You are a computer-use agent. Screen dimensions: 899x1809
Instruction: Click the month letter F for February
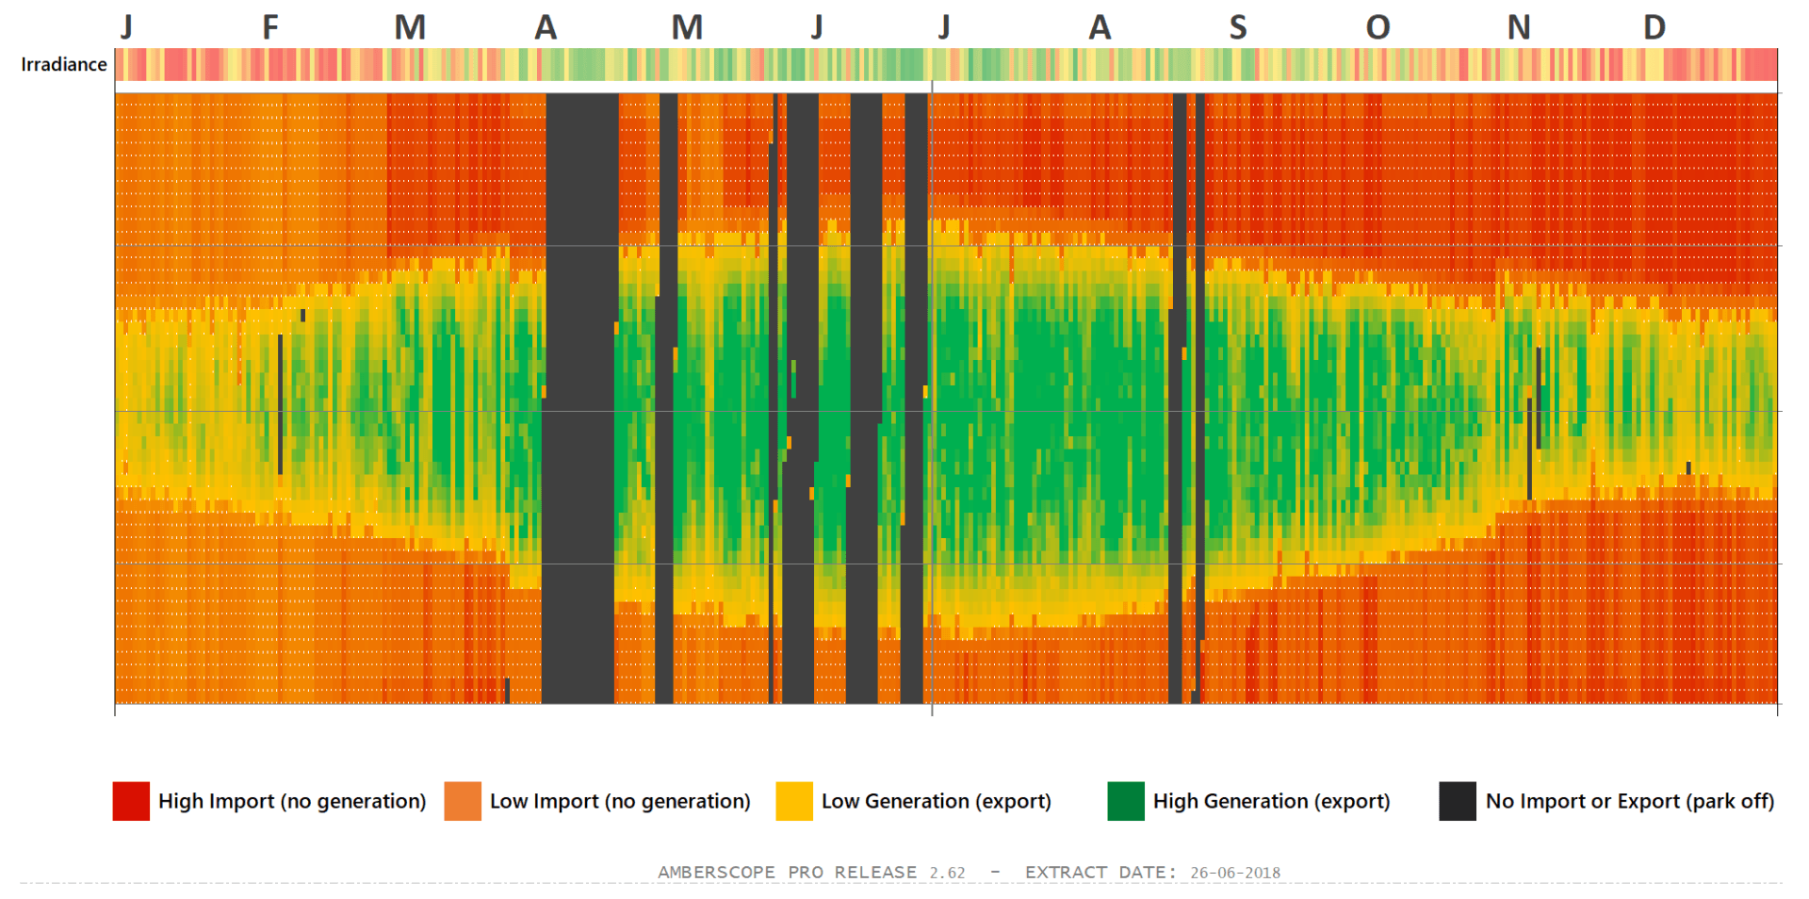tap(270, 27)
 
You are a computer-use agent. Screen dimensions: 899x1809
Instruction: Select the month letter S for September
tap(1238, 27)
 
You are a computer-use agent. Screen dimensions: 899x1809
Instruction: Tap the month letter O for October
tap(1377, 27)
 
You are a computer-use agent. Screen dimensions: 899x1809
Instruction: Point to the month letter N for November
tap(1518, 27)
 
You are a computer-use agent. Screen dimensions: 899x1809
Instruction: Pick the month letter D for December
tap(1654, 27)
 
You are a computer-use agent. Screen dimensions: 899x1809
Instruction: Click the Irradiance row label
tap(64, 65)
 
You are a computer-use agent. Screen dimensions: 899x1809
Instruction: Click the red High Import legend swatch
tap(131, 801)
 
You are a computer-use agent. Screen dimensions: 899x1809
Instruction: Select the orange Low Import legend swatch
tap(463, 801)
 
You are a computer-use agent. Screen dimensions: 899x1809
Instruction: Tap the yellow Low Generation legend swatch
tap(794, 801)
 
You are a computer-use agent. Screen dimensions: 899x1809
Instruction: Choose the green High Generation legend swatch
tap(1126, 801)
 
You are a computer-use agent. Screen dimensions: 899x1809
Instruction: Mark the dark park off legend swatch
tap(1458, 801)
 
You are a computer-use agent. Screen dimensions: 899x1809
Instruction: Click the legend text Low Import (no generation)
tap(620, 801)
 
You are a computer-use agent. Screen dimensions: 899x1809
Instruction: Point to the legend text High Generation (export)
tap(1271, 801)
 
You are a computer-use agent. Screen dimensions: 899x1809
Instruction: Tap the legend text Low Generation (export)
tap(936, 801)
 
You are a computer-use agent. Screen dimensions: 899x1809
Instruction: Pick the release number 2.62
tap(947, 873)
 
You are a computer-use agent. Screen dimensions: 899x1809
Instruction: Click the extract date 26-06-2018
tap(1235, 873)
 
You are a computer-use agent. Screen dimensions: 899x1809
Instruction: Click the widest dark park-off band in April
tap(580, 396)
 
